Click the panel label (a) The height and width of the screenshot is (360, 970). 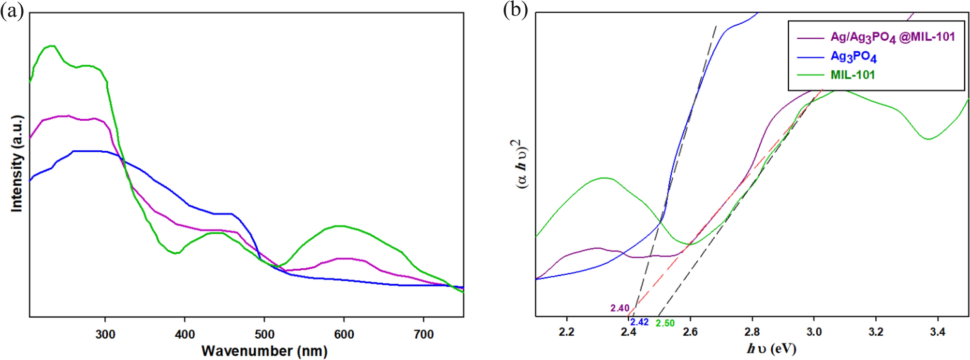tap(12, 10)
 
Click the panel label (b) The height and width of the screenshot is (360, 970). tap(515, 9)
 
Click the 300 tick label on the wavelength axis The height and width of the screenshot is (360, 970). tap(105, 334)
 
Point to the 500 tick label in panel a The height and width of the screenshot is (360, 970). tap(264, 334)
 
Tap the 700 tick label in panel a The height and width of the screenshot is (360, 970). tap(424, 334)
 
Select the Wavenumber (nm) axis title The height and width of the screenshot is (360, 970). tap(264, 351)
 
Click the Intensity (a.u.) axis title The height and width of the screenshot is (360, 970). tap(17, 163)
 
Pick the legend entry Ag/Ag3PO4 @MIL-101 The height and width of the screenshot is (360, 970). tap(892, 37)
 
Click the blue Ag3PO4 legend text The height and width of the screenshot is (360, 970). tap(854, 57)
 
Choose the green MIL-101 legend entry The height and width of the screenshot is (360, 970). tap(853, 75)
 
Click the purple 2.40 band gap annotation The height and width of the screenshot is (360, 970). tap(620, 308)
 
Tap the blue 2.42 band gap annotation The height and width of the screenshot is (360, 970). tap(639, 322)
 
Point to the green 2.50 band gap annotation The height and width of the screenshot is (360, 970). tap(665, 323)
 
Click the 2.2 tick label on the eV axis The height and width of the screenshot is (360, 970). tap(566, 332)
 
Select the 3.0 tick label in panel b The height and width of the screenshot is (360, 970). tap(814, 332)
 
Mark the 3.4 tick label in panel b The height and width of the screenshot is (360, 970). tap(938, 332)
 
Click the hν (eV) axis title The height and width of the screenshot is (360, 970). tap(771, 348)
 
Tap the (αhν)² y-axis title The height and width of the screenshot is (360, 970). tap(520, 164)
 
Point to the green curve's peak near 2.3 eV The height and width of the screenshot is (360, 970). tap(604, 178)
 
